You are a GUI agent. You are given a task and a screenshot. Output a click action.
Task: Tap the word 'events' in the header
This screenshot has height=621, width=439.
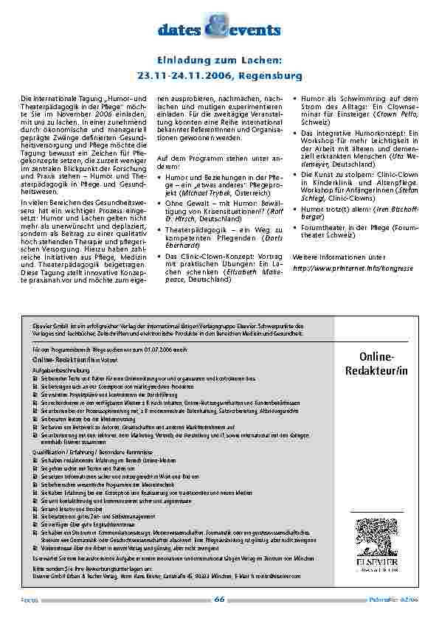(x=255, y=30)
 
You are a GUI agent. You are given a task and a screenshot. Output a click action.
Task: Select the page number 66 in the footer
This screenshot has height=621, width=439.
(x=219, y=600)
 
